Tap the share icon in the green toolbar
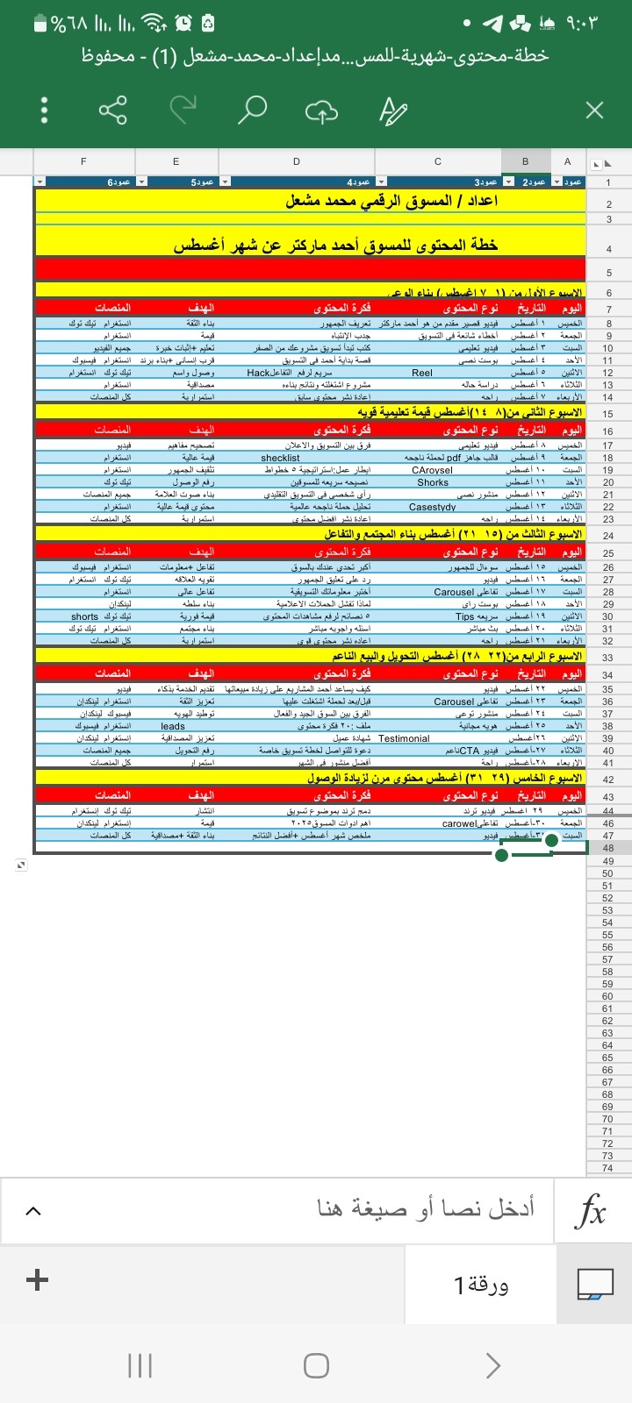pyautogui.click(x=112, y=110)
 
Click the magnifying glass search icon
pyautogui.click(x=252, y=110)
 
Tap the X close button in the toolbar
pyautogui.click(x=594, y=110)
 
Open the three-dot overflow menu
pyautogui.click(x=44, y=110)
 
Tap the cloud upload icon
pyautogui.click(x=321, y=110)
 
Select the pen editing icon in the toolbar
pyautogui.click(x=392, y=110)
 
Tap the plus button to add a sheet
pyautogui.click(x=37, y=1280)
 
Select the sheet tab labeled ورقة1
pyautogui.click(x=481, y=1285)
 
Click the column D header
pyautogui.click(x=297, y=161)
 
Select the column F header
pyautogui.click(x=83, y=161)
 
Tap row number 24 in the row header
pyautogui.click(x=608, y=535)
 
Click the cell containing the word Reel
pyautogui.click(x=422, y=373)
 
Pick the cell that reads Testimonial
pyautogui.click(x=404, y=738)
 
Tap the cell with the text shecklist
pyautogui.click(x=280, y=458)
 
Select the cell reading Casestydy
pyautogui.click(x=432, y=507)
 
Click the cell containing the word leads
pyautogui.click(x=173, y=726)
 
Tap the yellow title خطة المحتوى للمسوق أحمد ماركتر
pyautogui.click(x=335, y=246)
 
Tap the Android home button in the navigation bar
pyautogui.click(x=316, y=1365)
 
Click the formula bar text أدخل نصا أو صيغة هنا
pyautogui.click(x=426, y=1208)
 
